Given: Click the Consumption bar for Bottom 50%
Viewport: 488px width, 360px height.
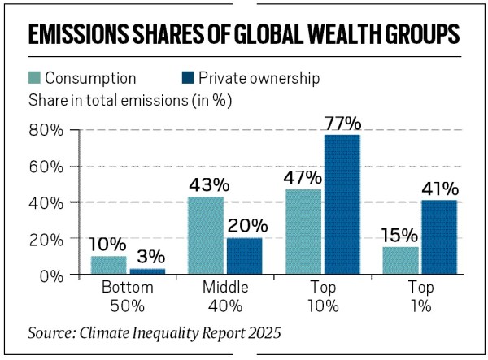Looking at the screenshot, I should coord(109,266).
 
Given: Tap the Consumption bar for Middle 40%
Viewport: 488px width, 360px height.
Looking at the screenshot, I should coord(205,236).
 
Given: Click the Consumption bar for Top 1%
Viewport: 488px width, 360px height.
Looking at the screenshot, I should coord(400,261).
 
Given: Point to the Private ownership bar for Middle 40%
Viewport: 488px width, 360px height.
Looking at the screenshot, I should coord(243,257).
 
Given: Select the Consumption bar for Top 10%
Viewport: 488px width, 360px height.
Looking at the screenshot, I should coord(303,232).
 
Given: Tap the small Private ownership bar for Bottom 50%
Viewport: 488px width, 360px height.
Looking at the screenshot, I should coord(147,271).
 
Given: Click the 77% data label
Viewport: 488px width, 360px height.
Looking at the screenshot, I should coord(342,124).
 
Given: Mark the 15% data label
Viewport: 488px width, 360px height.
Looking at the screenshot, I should coord(399,236).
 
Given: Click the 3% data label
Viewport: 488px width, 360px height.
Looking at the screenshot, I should coord(147,257).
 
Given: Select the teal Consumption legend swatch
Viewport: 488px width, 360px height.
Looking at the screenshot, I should coord(34,79).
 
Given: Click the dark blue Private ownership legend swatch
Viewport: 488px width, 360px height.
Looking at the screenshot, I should coord(187,79).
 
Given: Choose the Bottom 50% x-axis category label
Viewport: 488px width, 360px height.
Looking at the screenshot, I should coord(128,297).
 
